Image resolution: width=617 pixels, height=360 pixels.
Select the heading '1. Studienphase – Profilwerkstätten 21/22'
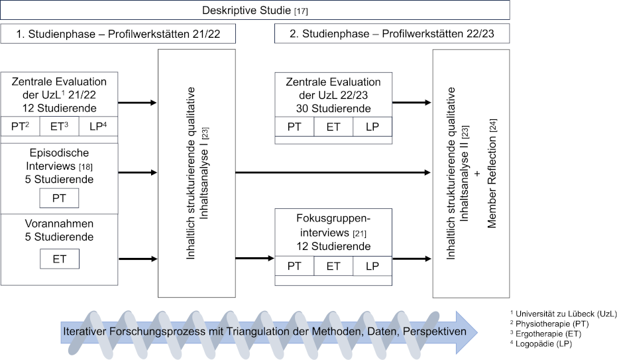[x=119, y=33]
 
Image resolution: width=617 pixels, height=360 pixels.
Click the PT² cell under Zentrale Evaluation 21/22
[x=21, y=126]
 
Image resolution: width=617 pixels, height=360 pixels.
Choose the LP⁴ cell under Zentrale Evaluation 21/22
[x=97, y=126]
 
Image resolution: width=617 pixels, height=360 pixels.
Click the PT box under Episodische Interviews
[x=59, y=198]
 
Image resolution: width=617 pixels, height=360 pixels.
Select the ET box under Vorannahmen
[x=59, y=258]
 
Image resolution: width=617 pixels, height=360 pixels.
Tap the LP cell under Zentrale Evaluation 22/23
[x=371, y=126]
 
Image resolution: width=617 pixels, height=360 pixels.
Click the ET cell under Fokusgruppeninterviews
[x=333, y=266]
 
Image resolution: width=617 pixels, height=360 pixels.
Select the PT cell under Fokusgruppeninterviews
[x=295, y=266]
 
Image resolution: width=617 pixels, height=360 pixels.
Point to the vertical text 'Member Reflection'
[x=492, y=173]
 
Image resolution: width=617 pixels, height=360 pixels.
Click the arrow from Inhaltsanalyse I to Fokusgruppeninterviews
[x=254, y=259]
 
